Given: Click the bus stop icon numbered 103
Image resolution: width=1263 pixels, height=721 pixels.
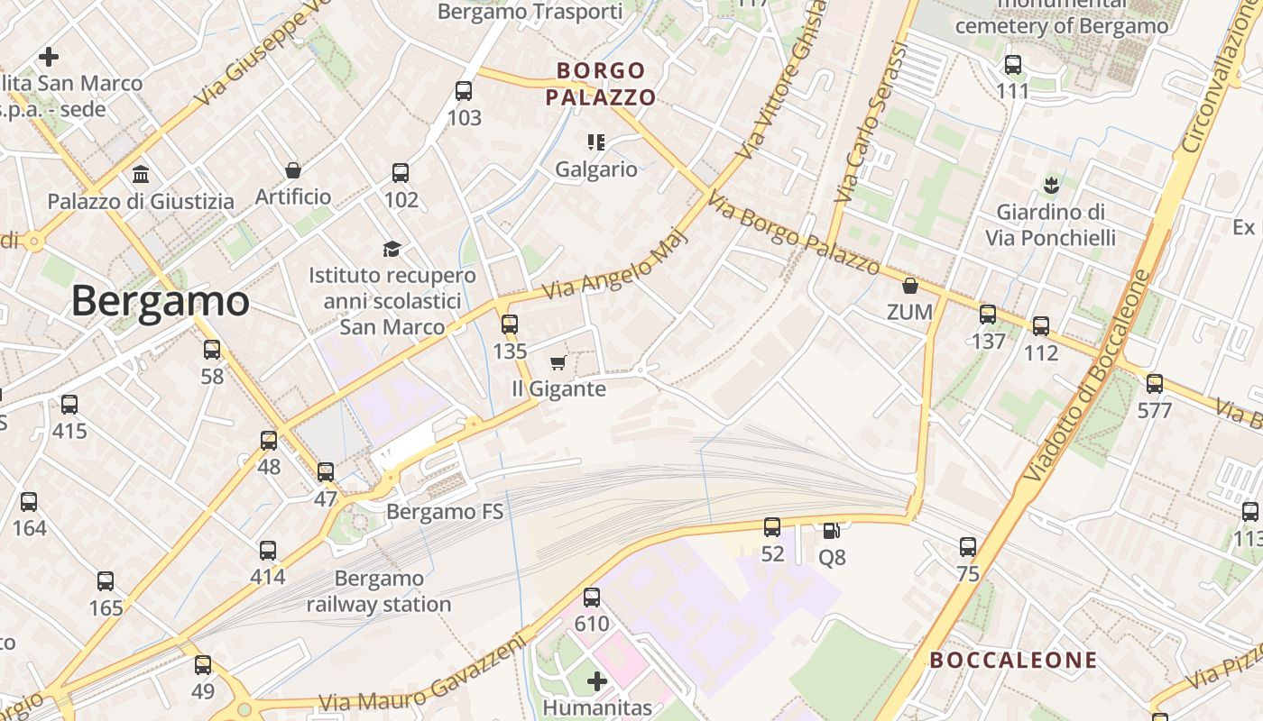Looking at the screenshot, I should [x=464, y=91].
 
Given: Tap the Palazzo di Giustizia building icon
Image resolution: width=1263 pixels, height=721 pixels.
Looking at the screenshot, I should [x=141, y=174].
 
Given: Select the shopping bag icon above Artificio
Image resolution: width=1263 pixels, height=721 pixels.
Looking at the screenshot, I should [x=293, y=170].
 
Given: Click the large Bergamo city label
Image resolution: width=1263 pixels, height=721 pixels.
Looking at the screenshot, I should [x=160, y=301].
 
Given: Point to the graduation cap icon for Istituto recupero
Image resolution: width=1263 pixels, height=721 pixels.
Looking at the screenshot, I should [x=392, y=249].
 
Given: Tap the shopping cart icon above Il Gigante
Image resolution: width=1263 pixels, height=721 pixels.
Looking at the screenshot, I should [x=558, y=362].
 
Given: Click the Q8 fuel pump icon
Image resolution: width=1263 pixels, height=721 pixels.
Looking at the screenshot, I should [x=830, y=531].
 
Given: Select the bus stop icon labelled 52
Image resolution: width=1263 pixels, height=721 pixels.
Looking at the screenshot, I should [x=772, y=527].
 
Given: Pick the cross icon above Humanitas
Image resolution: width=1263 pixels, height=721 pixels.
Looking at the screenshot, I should [x=596, y=680].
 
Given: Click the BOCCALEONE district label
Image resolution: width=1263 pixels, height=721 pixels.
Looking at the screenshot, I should [x=1013, y=660].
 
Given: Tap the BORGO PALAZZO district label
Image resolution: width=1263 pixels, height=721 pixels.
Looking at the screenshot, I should [x=601, y=83].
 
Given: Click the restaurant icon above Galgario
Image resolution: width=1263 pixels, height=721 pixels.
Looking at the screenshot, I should [x=595, y=141].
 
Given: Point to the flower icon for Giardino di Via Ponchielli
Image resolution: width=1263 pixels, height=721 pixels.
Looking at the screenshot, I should [x=1049, y=187].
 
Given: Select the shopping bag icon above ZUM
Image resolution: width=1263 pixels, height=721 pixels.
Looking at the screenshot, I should [x=910, y=286].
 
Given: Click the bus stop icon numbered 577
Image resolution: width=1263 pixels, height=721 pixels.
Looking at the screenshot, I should [x=1154, y=384].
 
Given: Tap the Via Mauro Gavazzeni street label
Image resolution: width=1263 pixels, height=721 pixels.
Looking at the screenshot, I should [x=422, y=676].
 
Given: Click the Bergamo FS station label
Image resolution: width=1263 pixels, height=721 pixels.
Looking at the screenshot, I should [x=445, y=512].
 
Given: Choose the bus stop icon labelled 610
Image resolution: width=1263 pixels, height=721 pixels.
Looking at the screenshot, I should [x=592, y=597].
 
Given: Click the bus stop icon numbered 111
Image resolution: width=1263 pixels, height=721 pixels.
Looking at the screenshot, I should [x=1013, y=65].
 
